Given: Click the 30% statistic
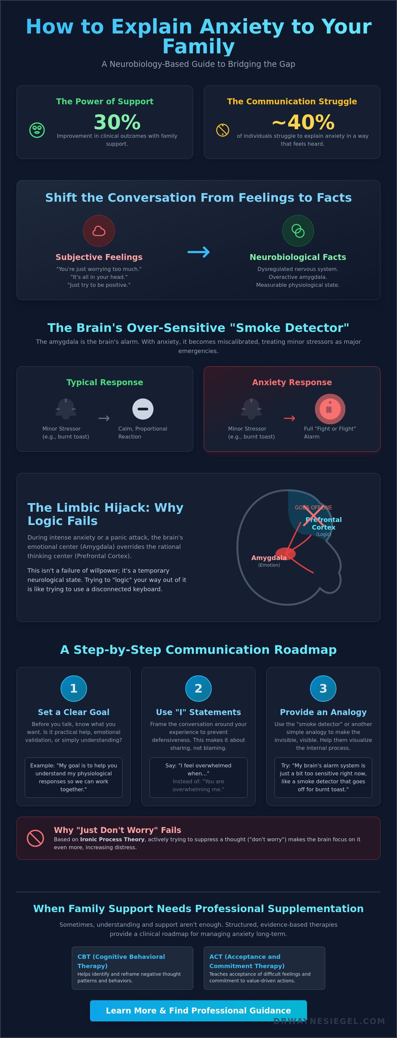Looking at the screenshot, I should point(117,122).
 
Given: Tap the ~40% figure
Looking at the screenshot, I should point(303,122).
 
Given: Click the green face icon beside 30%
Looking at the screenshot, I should point(37,130).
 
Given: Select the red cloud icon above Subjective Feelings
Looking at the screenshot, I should point(99,231).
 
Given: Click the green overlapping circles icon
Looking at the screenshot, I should point(298,231).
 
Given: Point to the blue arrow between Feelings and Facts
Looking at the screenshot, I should point(198,252).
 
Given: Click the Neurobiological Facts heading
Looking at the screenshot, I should point(297,257).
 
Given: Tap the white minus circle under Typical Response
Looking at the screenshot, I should point(143,409).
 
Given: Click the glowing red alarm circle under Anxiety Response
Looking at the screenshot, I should point(330,409).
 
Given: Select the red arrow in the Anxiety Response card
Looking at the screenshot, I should point(289,418).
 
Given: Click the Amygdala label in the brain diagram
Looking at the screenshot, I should point(269,558).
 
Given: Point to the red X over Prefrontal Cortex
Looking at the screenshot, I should point(314,516).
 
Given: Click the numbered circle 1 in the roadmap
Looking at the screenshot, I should point(74,689).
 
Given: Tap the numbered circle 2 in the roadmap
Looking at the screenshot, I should point(198,689).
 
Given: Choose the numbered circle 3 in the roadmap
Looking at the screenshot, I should point(323,689).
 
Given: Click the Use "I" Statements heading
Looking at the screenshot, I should point(198,712).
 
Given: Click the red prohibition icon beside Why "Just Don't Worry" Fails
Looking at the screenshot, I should point(35,838).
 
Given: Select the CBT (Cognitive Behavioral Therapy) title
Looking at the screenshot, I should point(121,961).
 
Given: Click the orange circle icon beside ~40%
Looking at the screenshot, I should point(223,130).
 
